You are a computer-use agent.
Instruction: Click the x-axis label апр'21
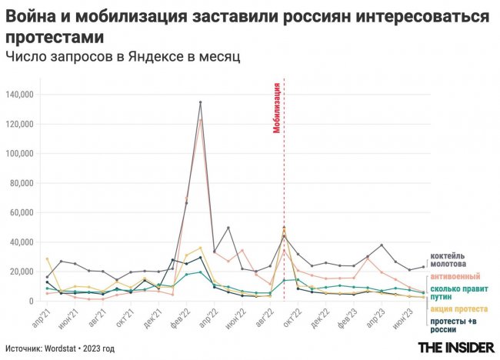[38, 318]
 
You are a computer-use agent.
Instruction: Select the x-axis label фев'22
[179, 318]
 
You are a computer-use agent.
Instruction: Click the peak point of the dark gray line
[201, 102]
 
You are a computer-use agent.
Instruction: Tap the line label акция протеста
[455, 308]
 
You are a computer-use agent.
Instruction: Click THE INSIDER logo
[455, 348]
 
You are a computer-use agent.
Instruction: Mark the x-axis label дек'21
[152, 318]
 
